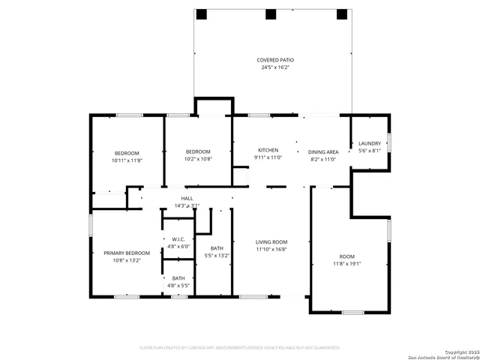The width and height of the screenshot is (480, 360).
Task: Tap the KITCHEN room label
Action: (268, 150)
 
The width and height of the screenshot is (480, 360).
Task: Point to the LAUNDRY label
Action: (370, 143)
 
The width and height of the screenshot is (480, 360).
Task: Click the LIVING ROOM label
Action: (271, 241)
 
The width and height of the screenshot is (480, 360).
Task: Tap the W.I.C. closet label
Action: (178, 240)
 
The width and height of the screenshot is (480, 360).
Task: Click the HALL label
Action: (187, 198)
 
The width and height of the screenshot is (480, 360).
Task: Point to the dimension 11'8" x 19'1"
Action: (347, 263)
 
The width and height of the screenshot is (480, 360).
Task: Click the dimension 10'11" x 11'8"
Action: (127, 160)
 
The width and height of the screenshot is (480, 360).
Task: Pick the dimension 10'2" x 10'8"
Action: (198, 159)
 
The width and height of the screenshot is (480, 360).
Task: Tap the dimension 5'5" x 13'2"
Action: (217, 256)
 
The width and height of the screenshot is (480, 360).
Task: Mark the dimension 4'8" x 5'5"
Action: (178, 286)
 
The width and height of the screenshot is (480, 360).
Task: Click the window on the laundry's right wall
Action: (388, 142)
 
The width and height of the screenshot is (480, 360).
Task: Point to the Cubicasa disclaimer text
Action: (240, 347)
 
